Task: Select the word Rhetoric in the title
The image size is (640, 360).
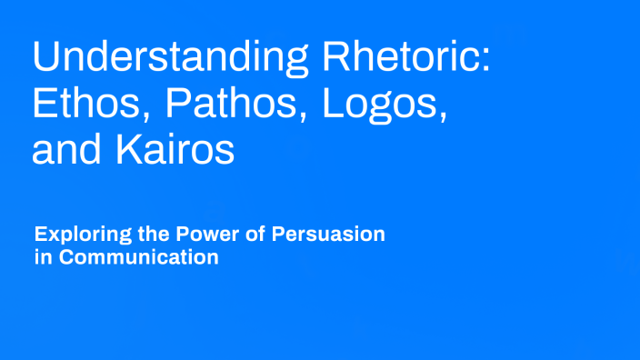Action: [401, 58]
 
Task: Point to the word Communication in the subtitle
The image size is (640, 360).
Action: [138, 257]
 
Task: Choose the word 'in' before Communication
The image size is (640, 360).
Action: [41, 257]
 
